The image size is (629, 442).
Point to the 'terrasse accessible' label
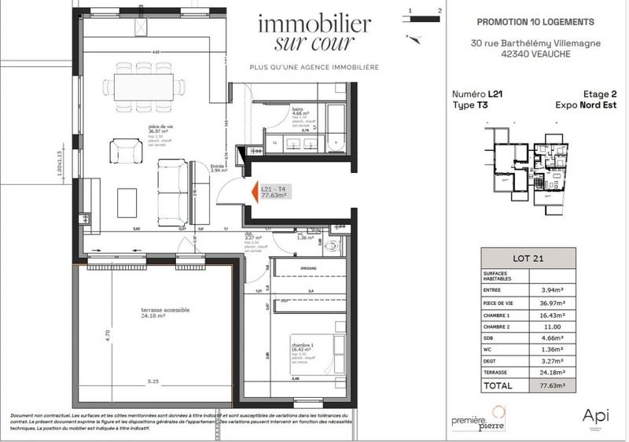(x=165, y=311)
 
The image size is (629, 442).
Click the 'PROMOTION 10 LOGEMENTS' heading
(x=535, y=22)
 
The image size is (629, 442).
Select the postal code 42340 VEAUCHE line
(x=535, y=56)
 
